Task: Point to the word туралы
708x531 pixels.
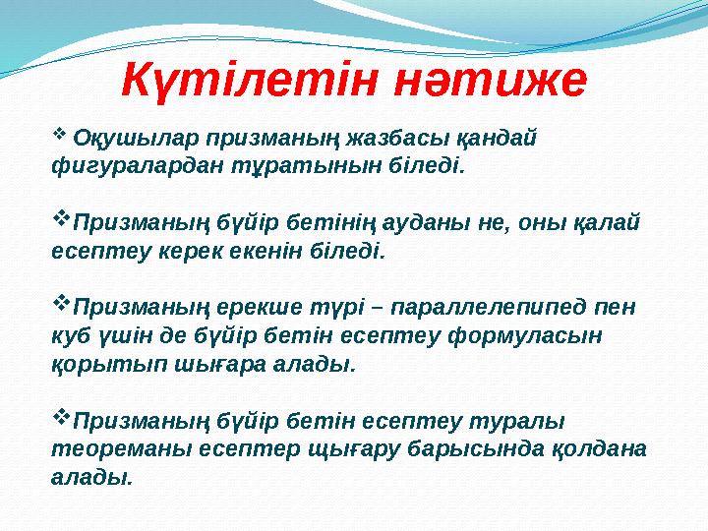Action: pyautogui.click(x=529, y=421)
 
